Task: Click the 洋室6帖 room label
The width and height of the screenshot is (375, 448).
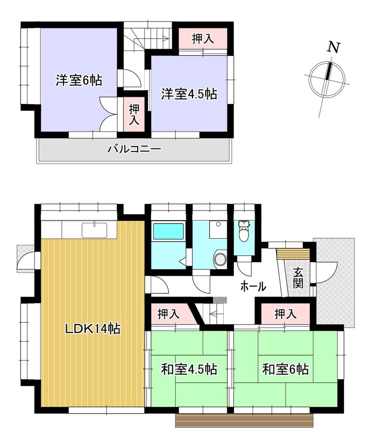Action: coord(79,80)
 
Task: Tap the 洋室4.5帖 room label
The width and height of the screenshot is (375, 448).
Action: coord(189,94)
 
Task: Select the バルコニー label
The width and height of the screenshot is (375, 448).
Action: coord(134,149)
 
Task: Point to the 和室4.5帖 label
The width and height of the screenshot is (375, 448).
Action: coord(189,369)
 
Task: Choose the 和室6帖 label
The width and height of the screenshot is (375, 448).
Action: coord(285,369)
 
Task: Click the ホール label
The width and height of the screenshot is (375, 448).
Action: coord(253,286)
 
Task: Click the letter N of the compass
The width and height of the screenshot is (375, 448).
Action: coord(333,47)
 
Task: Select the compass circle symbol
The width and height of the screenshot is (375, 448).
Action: coord(327,78)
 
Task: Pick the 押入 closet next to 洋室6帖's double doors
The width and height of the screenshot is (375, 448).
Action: coord(134,115)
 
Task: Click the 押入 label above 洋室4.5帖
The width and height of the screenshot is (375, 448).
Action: coord(203,39)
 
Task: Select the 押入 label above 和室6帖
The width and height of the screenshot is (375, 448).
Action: coord(285,314)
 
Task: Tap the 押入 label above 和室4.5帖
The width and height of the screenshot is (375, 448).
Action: coord(169,314)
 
